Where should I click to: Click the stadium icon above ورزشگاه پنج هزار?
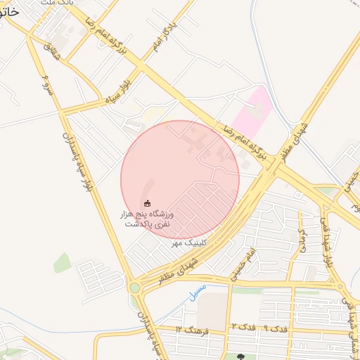pyautogui.click(x=147, y=203)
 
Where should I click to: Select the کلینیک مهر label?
pyautogui.click(x=187, y=243)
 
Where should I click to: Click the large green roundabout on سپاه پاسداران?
pyautogui.click(x=134, y=288)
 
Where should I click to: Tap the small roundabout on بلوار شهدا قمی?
pyautogui.click(x=340, y=286)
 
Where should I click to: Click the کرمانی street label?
pyautogui.click(x=301, y=240)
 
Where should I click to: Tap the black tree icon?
pyautogui.click(x=241, y=356)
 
